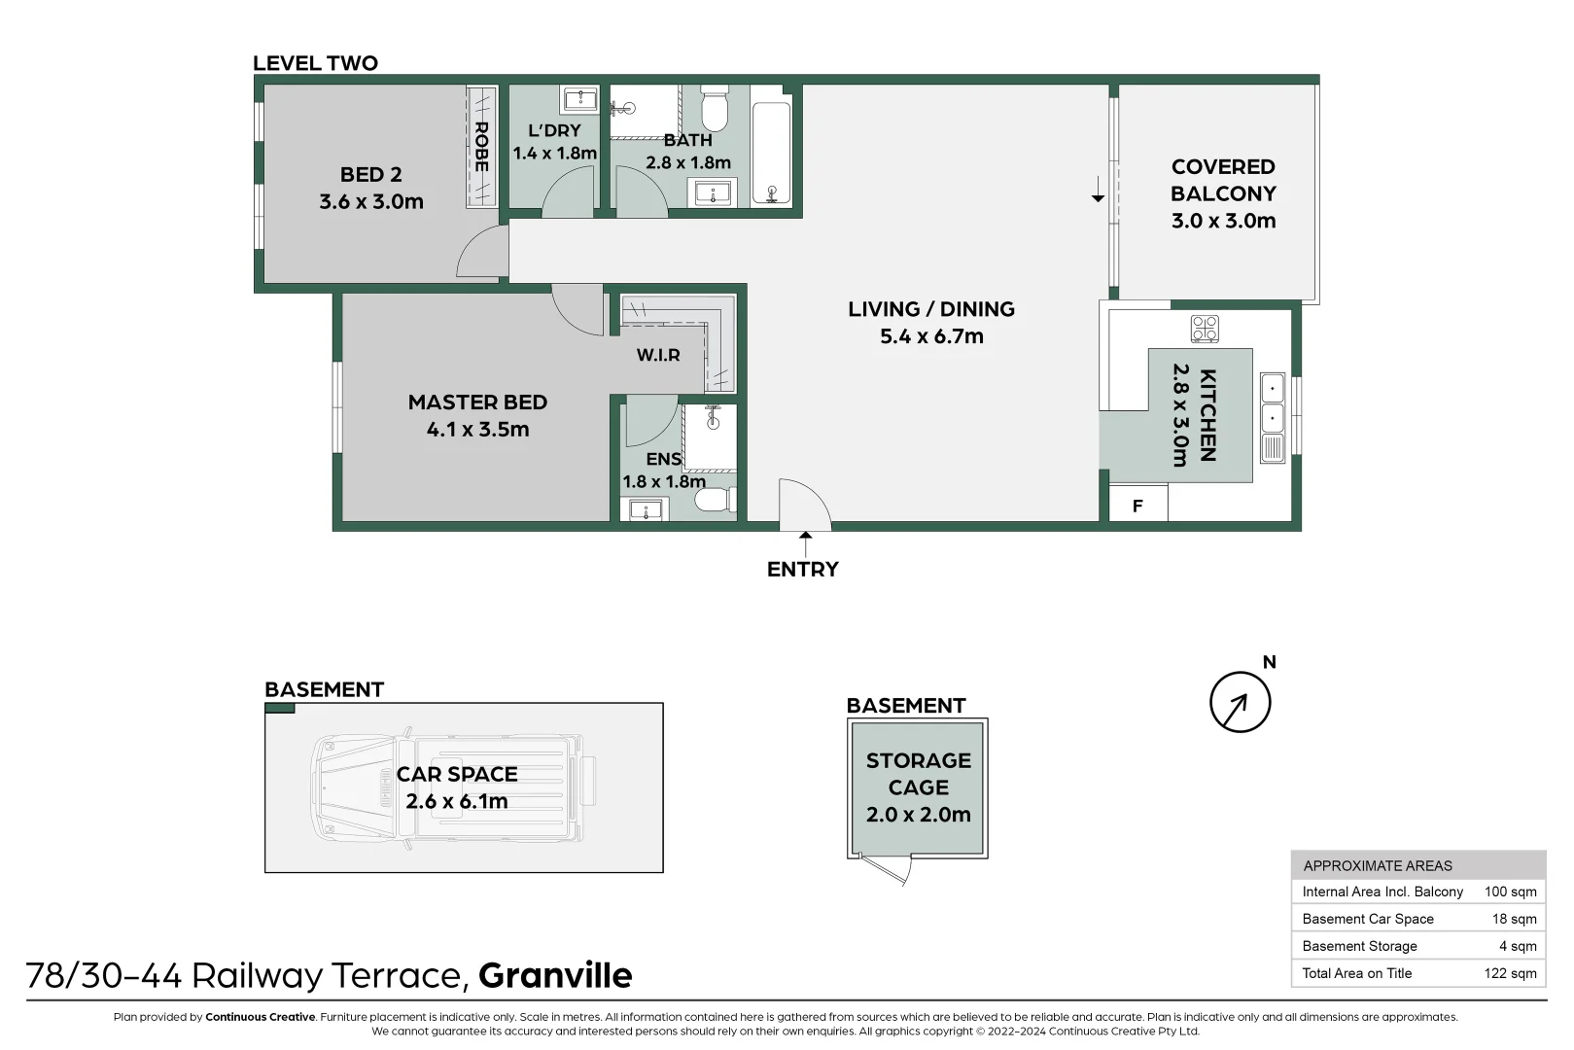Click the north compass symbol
1240,701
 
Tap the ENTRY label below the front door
802,570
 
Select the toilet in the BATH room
715,109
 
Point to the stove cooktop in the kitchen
1205,329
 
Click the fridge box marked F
1137,506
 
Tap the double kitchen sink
1272,404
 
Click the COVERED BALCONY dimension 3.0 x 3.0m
1223,221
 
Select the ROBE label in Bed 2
481,147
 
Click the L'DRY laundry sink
580,99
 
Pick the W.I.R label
658,355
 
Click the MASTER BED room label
477,402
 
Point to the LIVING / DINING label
930,309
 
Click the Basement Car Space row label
1367,919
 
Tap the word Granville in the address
555,975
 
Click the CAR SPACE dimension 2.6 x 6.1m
457,801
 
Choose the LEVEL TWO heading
315,63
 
